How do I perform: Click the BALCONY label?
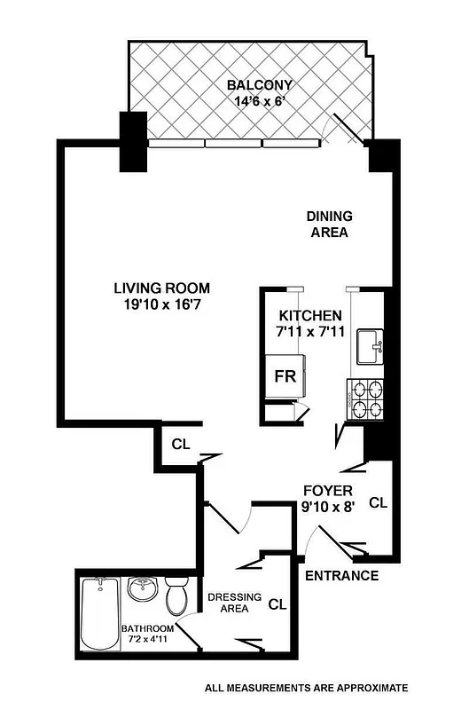[260, 85]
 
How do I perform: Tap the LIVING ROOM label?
[161, 288]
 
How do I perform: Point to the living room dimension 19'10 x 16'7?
[161, 306]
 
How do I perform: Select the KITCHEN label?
[310, 315]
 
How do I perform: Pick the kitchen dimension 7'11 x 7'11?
[310, 333]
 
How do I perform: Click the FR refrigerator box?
[285, 375]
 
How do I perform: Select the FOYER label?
[328, 490]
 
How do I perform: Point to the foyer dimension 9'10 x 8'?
[328, 508]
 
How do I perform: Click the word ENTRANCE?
[341, 575]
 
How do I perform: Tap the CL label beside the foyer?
[378, 502]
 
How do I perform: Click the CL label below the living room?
[180, 443]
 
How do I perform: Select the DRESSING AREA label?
[233, 603]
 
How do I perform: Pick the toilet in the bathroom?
[176, 596]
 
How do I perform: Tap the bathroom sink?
[142, 588]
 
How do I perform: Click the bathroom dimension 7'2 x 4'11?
[142, 640]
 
